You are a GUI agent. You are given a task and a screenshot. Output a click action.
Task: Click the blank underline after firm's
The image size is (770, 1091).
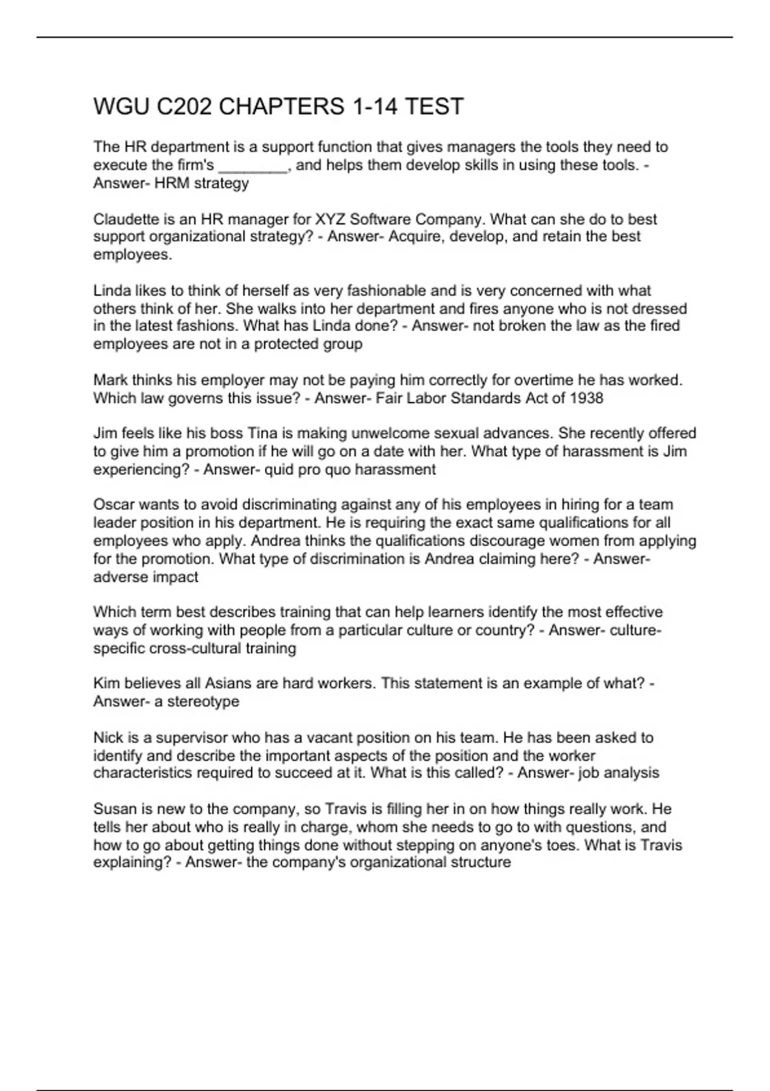coord(253,166)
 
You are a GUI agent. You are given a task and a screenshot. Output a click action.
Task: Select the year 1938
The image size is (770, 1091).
coord(586,398)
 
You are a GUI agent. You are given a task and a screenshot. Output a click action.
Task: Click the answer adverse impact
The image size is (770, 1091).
coord(146,577)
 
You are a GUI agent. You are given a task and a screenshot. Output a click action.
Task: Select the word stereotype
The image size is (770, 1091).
coord(203,701)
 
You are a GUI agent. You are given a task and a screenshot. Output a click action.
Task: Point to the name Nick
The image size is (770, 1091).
coord(108,737)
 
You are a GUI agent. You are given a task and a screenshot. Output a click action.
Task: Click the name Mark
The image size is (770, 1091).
coord(110,380)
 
